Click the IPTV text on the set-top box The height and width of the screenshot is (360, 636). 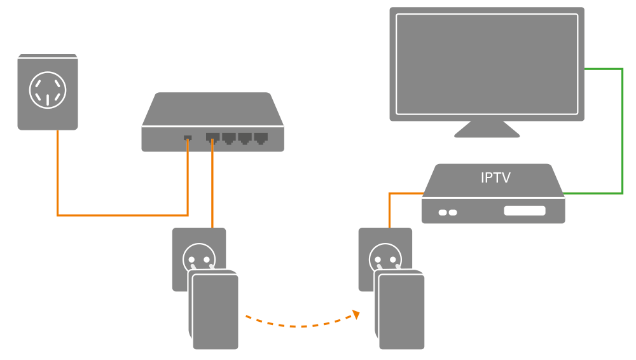click(495, 178)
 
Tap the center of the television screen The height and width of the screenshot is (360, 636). click(487, 64)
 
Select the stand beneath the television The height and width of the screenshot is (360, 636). click(487, 129)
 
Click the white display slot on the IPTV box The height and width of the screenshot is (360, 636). click(525, 211)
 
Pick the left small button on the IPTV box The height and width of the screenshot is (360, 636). click(443, 212)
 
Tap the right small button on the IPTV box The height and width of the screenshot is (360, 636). click(453, 212)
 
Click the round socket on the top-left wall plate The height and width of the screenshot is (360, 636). click(48, 90)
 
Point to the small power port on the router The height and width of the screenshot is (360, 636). click(188, 138)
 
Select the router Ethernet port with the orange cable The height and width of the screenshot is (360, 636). click(212, 137)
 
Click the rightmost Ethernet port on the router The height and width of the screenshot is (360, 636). click(261, 137)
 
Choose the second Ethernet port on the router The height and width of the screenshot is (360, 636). click(228, 137)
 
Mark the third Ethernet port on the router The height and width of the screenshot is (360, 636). click(245, 137)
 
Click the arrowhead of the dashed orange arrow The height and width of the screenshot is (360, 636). click(356, 314)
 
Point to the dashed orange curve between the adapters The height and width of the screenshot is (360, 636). click(299, 326)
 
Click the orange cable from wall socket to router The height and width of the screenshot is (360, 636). click(121, 215)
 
